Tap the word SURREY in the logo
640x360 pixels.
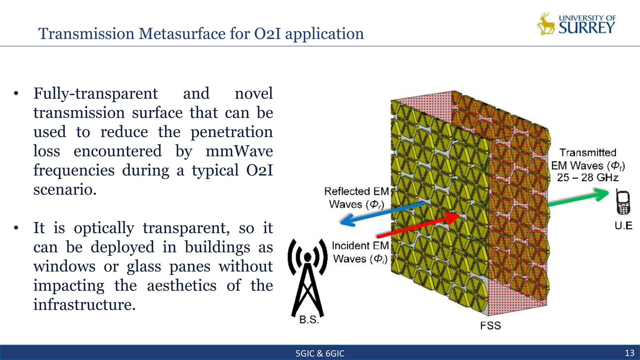pyautogui.click(x=587, y=28)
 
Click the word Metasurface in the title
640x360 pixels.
pyautogui.click(x=182, y=33)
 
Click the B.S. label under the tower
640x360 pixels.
pyautogui.click(x=309, y=320)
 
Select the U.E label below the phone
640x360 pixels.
pyautogui.click(x=623, y=226)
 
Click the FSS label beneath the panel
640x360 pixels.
pyautogui.click(x=490, y=326)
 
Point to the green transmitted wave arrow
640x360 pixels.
pyautogui.click(x=578, y=197)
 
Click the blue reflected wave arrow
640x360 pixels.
pyautogui.click(x=381, y=213)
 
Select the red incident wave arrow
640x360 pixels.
pyautogui.click(x=419, y=225)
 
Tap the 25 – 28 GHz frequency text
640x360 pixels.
pyautogui.click(x=587, y=177)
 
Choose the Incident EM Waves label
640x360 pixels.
pyautogui.click(x=360, y=252)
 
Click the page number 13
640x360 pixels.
pyautogui.click(x=629, y=353)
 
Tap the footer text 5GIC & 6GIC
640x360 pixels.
pyautogui.click(x=320, y=353)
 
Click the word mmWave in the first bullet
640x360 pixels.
pyautogui.click(x=239, y=151)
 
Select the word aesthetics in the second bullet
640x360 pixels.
pyautogui.click(x=182, y=286)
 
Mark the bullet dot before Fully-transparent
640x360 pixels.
pyautogui.click(x=16, y=93)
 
